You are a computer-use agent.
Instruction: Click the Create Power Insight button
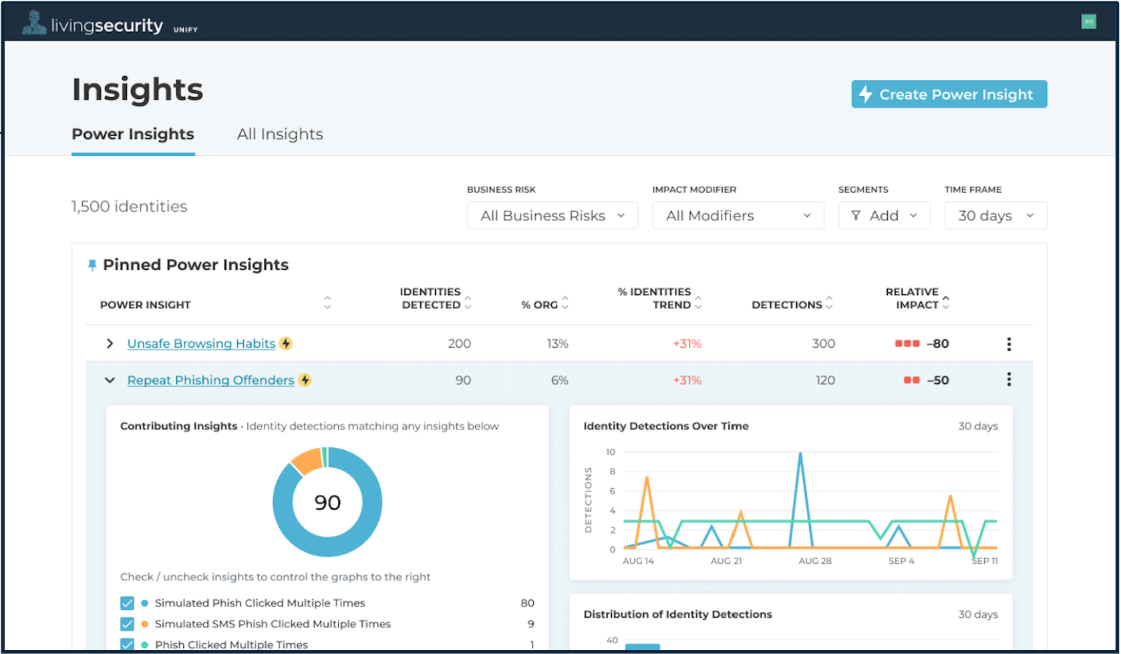click(949, 94)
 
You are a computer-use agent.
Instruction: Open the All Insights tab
click(280, 134)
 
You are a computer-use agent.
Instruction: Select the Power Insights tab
click(133, 134)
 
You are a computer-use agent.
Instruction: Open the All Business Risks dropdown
click(552, 216)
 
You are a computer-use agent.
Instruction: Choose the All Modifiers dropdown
click(738, 216)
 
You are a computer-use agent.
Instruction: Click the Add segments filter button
click(883, 216)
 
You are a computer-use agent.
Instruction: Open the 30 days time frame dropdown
click(995, 216)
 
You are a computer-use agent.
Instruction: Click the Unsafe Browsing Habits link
click(201, 344)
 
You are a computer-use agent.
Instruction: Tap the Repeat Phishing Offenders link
click(210, 380)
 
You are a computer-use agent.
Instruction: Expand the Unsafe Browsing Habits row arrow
click(110, 344)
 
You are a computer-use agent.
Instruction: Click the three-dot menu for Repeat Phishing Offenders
click(1009, 380)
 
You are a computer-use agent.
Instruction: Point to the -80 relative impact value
click(937, 344)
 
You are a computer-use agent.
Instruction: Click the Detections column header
click(787, 305)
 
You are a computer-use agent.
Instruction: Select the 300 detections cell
click(823, 344)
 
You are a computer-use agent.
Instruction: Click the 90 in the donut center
click(327, 502)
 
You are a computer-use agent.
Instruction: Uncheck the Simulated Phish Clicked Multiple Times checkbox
click(127, 603)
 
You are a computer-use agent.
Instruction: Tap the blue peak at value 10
click(800, 455)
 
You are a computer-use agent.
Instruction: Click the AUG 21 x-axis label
click(726, 561)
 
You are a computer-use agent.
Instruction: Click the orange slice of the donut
click(307, 461)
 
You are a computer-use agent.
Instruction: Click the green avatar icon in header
click(1088, 21)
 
